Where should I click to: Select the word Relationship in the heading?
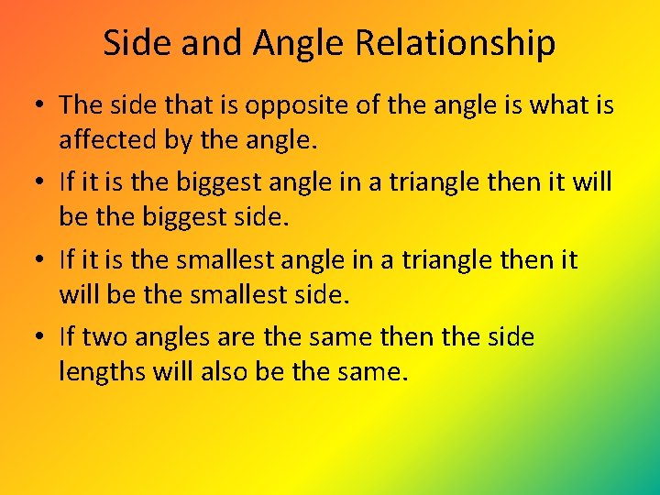click(455, 43)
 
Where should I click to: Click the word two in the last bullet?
click(104, 338)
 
